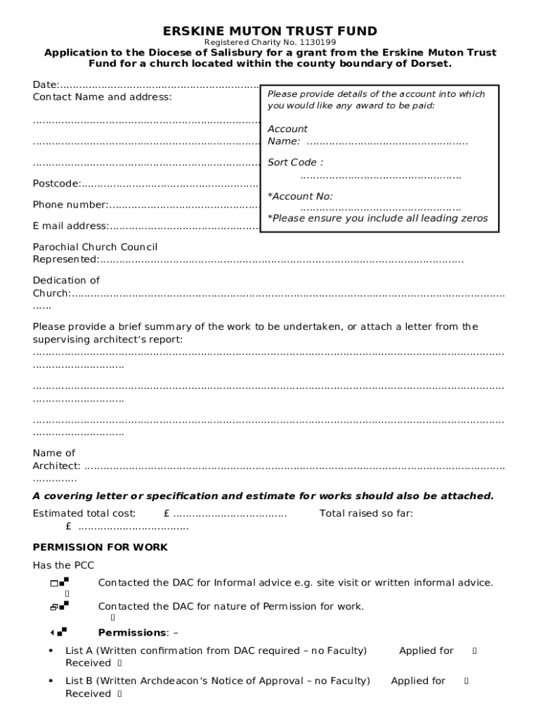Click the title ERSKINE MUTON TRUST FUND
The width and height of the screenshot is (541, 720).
270,31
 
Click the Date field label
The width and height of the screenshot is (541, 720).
46,85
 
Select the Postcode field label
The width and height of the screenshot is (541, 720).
56,184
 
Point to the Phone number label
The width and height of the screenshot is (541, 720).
70,205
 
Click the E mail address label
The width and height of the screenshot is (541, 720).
70,226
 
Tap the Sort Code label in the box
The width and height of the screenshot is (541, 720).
295,162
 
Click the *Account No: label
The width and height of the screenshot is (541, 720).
300,196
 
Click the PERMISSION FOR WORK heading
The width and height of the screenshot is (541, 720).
100,547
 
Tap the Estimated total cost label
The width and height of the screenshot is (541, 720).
84,513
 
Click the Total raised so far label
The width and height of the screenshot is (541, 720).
366,513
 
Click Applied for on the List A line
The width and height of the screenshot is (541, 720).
426,651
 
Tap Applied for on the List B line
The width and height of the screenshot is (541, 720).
418,681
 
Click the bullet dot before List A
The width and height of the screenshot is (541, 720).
51,651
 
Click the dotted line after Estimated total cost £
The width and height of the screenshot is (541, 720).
230,514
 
